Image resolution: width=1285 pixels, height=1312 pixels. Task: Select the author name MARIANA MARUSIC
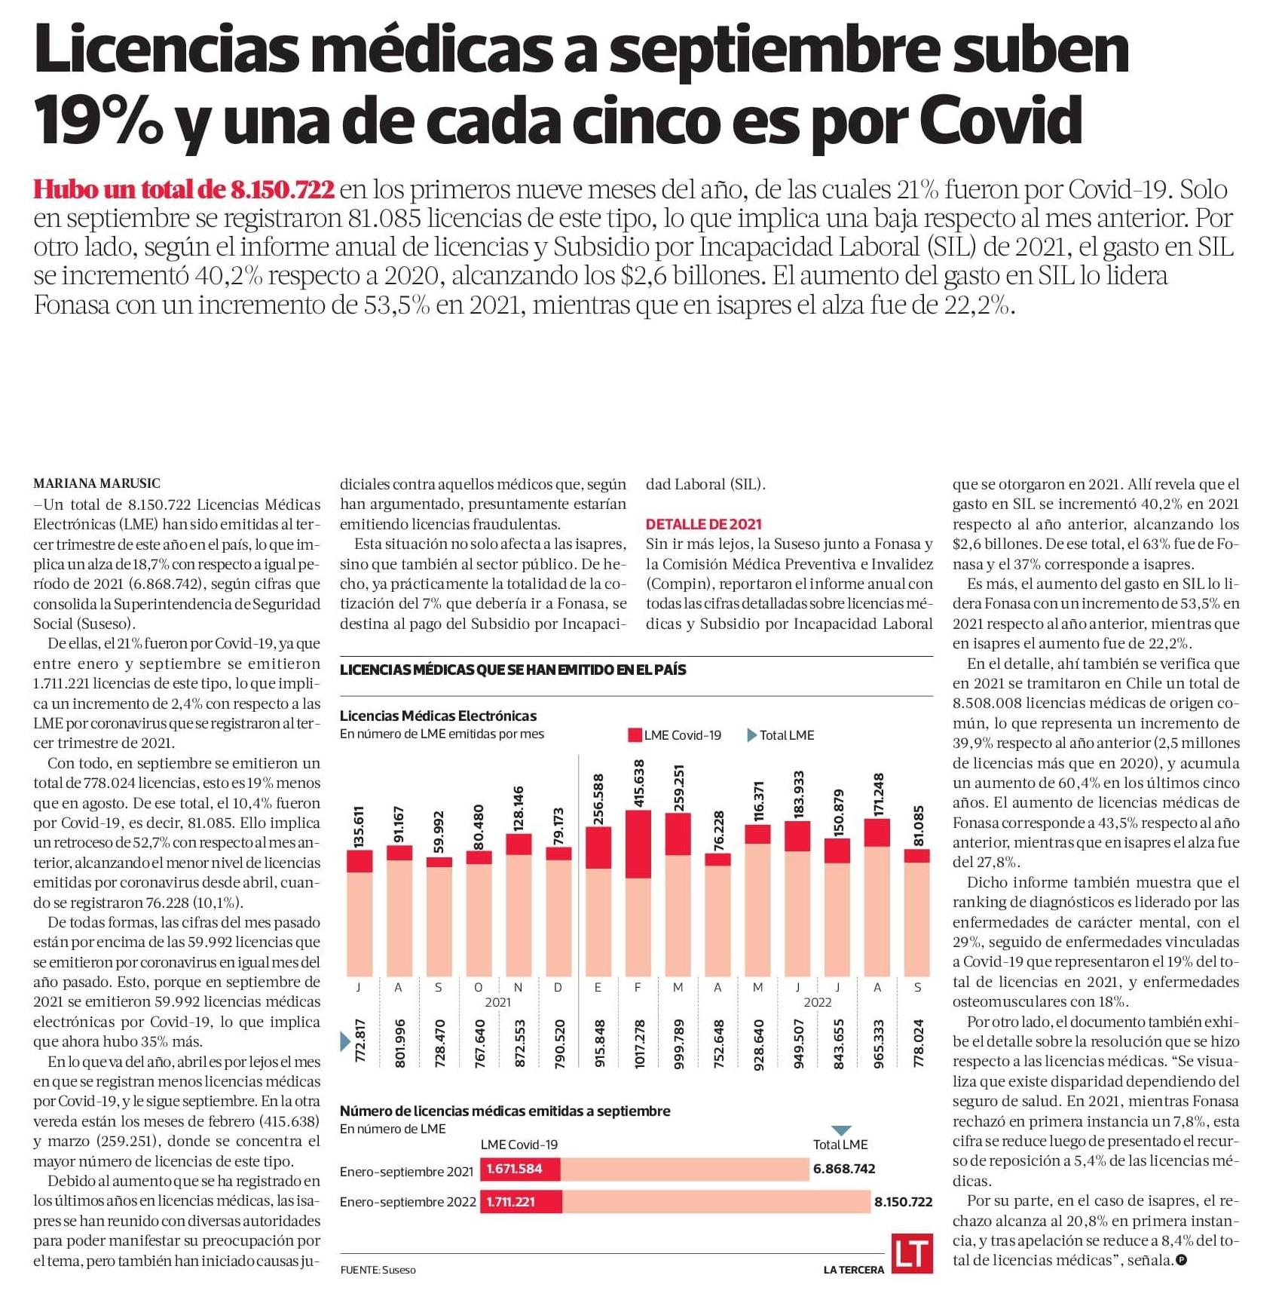(96, 483)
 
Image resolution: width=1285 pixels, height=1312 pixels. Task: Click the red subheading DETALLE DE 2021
(703, 524)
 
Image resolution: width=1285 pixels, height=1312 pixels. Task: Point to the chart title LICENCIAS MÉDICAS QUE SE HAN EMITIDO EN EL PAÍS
(512, 670)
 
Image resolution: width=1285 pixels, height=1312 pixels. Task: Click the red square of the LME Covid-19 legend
(635, 735)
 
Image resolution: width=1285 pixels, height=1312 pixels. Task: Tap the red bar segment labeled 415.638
(638, 844)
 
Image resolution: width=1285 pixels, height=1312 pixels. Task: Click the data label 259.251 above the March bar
(678, 789)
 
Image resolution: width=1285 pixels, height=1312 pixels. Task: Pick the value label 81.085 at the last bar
(918, 826)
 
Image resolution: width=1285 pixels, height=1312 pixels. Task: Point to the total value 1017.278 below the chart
(638, 1044)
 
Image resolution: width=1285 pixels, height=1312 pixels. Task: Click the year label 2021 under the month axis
(497, 1002)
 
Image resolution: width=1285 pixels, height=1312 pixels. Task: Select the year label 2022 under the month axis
(818, 1002)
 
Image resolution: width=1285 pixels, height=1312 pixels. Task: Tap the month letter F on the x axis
(638, 987)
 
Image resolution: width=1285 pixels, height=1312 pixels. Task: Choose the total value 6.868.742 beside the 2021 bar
(844, 1169)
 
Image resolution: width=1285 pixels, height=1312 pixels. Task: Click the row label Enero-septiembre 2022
(408, 1202)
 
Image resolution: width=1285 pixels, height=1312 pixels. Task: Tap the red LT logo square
(912, 1253)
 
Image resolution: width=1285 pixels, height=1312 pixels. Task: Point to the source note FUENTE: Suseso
(378, 1270)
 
